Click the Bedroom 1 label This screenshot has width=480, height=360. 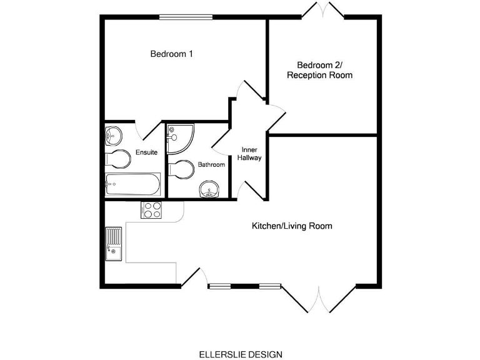[x=171, y=54]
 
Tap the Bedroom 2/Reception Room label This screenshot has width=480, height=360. [x=319, y=70]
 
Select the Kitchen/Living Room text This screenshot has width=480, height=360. [x=291, y=226]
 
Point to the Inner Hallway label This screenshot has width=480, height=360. [x=249, y=154]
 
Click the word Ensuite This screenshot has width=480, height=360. [x=146, y=152]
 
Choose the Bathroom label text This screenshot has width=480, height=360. [x=211, y=164]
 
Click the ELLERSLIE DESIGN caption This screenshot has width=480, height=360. [x=240, y=354]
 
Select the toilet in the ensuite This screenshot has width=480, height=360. [x=117, y=159]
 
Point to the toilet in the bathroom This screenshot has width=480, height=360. [x=181, y=169]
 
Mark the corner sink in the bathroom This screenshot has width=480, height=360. [x=209, y=189]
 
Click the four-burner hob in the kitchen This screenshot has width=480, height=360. [x=152, y=210]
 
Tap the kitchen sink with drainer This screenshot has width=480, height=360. [x=114, y=244]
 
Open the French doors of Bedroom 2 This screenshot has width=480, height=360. [x=322, y=11]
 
